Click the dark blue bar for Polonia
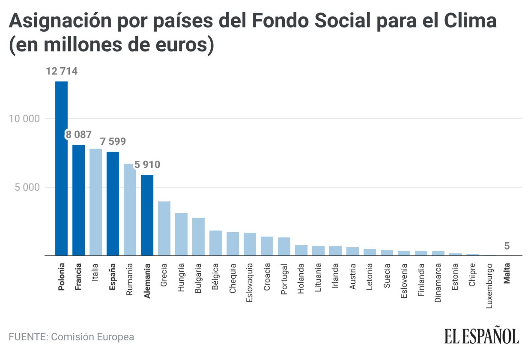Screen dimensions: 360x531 click(61, 168)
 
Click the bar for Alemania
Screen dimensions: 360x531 click(147, 215)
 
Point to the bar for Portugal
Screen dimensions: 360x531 click(284, 246)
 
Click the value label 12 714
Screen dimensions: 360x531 click(62, 71)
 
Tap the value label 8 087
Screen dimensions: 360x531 click(79, 135)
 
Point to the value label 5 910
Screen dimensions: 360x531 click(147, 164)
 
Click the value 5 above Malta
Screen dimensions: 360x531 click(507, 246)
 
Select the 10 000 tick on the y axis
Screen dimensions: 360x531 click(24, 119)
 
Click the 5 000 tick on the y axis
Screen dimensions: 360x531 click(27, 187)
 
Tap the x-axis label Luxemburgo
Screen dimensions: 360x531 click(489, 286)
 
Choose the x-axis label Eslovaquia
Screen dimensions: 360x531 click(249, 283)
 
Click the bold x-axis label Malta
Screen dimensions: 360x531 click(507, 273)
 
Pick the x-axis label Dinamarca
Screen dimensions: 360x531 click(438, 283)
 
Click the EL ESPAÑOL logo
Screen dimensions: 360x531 click(481, 336)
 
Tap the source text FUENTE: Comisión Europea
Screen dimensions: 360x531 click(71, 337)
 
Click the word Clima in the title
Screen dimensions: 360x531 click(470, 21)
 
